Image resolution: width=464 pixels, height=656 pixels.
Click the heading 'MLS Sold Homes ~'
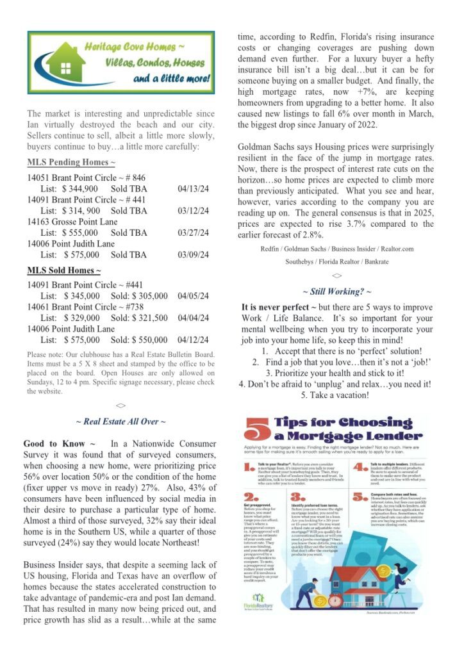[63, 271]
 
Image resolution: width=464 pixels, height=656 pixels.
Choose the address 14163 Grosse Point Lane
[72, 222]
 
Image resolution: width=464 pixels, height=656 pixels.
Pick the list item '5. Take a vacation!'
[335, 395]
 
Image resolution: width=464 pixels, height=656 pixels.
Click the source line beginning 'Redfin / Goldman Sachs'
[336, 249]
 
